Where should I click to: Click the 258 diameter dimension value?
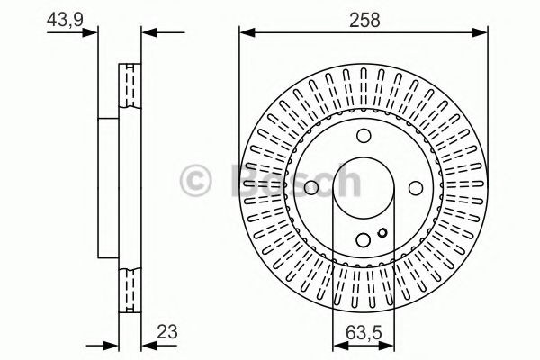(x=364, y=20)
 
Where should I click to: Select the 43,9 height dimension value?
(x=65, y=19)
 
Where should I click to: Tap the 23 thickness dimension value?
(x=167, y=332)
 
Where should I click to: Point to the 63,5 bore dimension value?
(x=364, y=333)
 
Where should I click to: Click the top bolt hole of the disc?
(x=364, y=136)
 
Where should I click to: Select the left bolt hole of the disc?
(x=311, y=188)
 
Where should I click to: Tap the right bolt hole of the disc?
(x=416, y=188)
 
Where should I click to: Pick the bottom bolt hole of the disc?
(x=364, y=240)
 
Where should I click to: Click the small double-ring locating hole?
(x=382, y=233)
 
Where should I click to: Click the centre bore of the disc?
(x=364, y=188)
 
